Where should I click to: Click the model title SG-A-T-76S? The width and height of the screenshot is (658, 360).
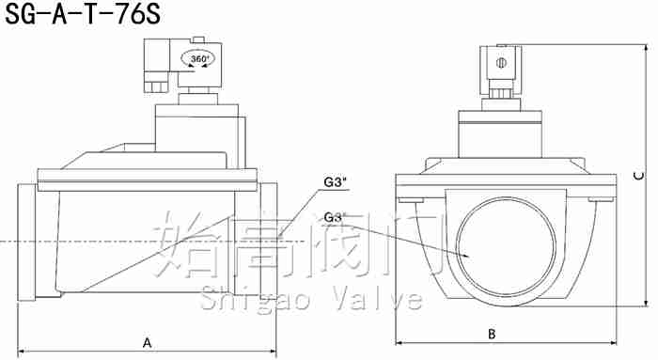[83, 15]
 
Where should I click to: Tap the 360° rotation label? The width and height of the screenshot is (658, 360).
[199, 58]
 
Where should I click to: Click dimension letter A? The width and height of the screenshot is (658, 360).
[147, 343]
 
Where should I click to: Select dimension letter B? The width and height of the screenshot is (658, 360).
[492, 335]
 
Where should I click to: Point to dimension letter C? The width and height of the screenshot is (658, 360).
[638, 176]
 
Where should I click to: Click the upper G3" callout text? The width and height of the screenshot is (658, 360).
[335, 183]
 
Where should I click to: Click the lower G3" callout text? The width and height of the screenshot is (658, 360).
[335, 217]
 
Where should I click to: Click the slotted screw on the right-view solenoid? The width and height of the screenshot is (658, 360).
[501, 63]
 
